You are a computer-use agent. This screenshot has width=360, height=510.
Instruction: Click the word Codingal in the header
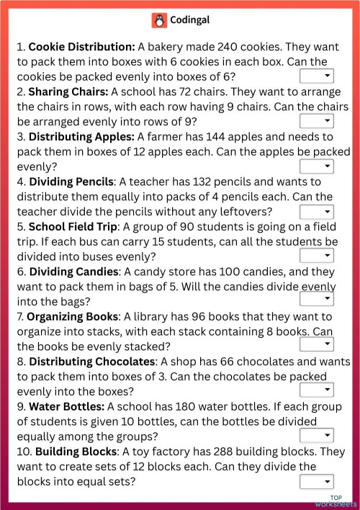click(189, 20)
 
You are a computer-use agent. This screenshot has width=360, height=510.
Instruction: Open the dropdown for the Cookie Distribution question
click(317, 76)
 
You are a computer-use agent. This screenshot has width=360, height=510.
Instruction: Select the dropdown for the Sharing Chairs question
click(317, 121)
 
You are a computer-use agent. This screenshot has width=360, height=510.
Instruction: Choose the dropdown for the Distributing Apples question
click(317, 166)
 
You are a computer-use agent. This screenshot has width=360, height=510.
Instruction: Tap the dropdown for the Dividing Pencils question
click(317, 211)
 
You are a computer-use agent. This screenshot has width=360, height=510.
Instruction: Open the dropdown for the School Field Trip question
click(317, 256)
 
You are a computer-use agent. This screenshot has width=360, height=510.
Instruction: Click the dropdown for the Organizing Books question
click(317, 345)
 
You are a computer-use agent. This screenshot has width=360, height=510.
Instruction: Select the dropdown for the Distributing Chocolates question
click(317, 390)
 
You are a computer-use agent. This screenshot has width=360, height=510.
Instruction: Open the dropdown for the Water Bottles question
click(317, 435)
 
